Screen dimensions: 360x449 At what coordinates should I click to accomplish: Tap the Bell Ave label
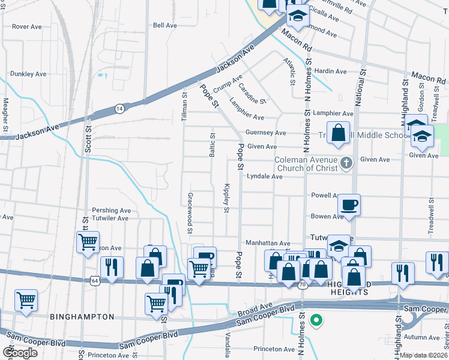tap(165, 25)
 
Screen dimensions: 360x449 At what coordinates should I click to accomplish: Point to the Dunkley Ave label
tap(28, 74)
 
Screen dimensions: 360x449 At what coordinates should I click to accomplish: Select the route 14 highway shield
tap(120, 109)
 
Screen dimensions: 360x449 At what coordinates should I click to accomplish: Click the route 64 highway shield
tap(94, 280)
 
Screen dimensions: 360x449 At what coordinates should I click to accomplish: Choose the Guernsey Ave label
tap(265, 133)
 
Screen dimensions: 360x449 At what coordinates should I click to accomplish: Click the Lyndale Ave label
tap(264, 177)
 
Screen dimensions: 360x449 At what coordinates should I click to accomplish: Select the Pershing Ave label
tap(111, 211)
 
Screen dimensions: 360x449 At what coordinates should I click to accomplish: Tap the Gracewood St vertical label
tap(190, 213)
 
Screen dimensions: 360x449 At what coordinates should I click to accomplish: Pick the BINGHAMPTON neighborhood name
tap(82, 316)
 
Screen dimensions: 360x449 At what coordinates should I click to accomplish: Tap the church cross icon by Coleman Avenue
tap(346, 163)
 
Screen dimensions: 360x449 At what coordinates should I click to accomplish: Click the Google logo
tap(20, 352)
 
